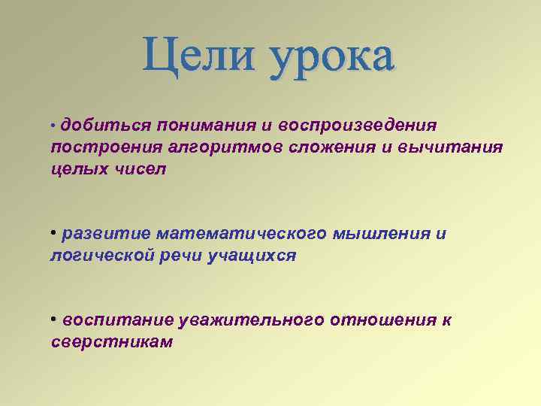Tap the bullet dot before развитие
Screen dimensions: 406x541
pyautogui.click(x=54, y=231)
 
